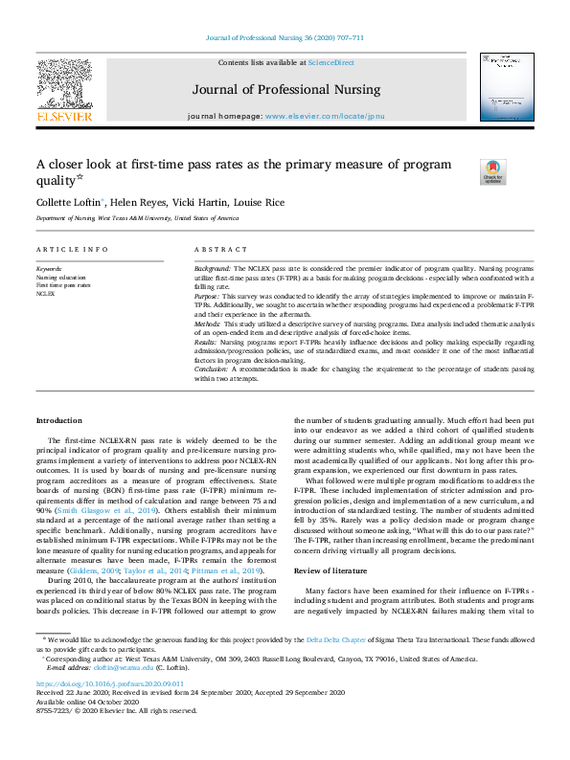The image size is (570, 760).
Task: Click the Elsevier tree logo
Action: pos(64,83)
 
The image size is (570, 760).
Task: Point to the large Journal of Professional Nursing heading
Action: pos(285,89)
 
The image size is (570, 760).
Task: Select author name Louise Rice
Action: pos(262,202)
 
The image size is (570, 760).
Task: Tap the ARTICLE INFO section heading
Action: pos(72,249)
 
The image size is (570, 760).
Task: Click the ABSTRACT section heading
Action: pos(221,249)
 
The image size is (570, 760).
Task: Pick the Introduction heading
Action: pos(59,420)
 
